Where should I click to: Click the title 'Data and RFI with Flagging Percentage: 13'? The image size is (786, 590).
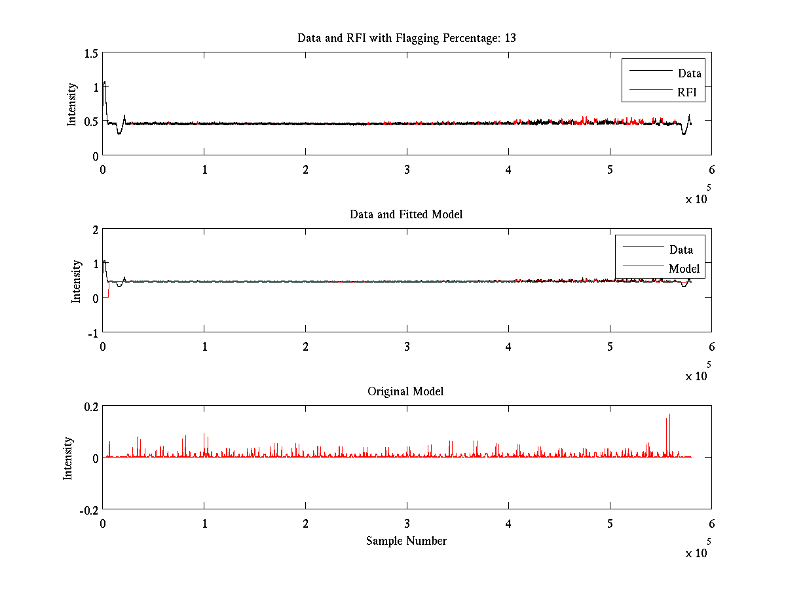406,38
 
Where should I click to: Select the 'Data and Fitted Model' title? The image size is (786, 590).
406,214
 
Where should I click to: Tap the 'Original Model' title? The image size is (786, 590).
405,391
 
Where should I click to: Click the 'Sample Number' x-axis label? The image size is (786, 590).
406,541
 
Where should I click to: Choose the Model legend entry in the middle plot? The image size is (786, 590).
684,268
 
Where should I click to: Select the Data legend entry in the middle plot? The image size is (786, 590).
681,249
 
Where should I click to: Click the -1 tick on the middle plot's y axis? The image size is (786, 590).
92,332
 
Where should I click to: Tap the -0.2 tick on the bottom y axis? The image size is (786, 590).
88,509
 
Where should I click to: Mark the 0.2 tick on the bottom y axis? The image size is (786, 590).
89,406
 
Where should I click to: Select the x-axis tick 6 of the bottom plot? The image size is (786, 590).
711,524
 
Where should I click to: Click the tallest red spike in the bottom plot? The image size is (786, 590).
669,415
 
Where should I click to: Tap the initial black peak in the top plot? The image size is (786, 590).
104,83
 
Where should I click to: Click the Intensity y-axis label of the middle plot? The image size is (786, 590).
77,281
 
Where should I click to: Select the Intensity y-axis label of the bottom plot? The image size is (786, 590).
68,458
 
